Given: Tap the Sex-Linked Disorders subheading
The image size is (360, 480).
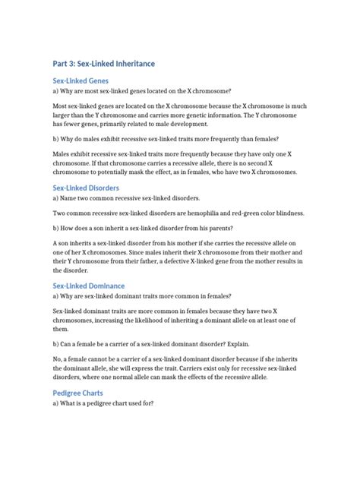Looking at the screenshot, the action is click(x=87, y=187).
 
